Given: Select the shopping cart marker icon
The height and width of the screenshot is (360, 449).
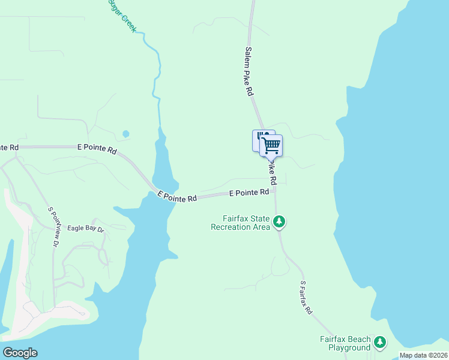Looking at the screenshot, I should click(x=271, y=145).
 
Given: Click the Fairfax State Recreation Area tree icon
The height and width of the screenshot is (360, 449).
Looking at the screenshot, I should click(x=279, y=222).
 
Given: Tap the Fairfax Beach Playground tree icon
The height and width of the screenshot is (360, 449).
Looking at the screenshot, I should click(x=379, y=343).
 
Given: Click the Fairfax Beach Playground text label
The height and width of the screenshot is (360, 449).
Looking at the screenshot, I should click(x=345, y=343).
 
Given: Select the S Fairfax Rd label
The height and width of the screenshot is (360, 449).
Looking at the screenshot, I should click(x=306, y=298).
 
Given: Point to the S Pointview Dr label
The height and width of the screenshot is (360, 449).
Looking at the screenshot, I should click(x=53, y=227).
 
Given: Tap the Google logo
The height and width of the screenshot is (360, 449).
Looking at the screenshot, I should click(x=20, y=353).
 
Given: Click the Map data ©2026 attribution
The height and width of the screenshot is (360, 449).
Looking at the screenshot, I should click(x=423, y=355).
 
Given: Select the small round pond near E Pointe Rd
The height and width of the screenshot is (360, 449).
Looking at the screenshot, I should click(x=125, y=134).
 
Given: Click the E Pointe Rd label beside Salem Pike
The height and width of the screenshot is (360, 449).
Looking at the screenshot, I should click(x=249, y=193).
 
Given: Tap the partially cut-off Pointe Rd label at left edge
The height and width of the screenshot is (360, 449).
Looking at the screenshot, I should click(x=9, y=147).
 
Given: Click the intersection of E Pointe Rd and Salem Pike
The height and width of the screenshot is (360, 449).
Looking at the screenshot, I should click(x=275, y=192).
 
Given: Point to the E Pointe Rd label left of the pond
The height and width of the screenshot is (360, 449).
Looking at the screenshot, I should click(x=97, y=149).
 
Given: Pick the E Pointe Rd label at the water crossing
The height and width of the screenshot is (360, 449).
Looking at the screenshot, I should click(x=177, y=197).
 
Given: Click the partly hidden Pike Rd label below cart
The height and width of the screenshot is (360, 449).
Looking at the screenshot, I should click(x=272, y=172).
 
